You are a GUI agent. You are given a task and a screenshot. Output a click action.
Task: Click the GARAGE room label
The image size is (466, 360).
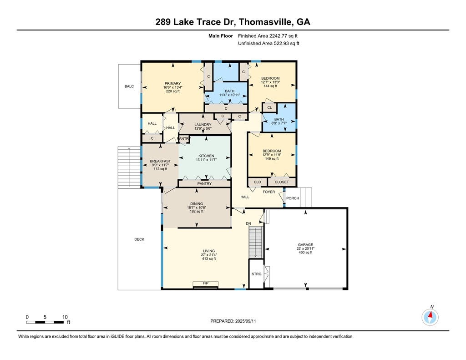pos(305,244)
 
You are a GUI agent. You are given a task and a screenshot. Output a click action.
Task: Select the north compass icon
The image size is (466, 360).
pos(430,316)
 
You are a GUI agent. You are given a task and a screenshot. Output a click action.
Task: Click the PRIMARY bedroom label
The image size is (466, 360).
pos(172,83)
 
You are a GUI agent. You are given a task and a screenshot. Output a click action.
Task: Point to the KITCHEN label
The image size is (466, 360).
pos(206,156)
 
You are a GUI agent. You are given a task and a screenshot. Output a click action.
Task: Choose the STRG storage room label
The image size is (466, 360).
pos(257,274)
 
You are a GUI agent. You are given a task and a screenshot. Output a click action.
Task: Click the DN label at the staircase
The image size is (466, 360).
pos(248,223)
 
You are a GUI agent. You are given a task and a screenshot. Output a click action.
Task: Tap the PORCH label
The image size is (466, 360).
pos(293,198)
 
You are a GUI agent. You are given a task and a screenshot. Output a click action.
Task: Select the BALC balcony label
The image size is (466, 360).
pos(129,86)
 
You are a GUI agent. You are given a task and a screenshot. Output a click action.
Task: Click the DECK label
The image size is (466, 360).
pos(139,239)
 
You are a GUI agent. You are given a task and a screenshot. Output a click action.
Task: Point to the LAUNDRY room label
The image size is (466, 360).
pos(203,125)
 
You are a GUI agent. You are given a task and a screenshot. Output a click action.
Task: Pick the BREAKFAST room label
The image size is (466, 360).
pos(160,161)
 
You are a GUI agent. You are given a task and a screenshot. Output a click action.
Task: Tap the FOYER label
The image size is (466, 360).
pos(269,192)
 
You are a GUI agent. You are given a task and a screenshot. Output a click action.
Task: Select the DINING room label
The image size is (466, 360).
pos(197,204)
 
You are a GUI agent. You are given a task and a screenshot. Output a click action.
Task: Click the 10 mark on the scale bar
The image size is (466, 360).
pos(65,317)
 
